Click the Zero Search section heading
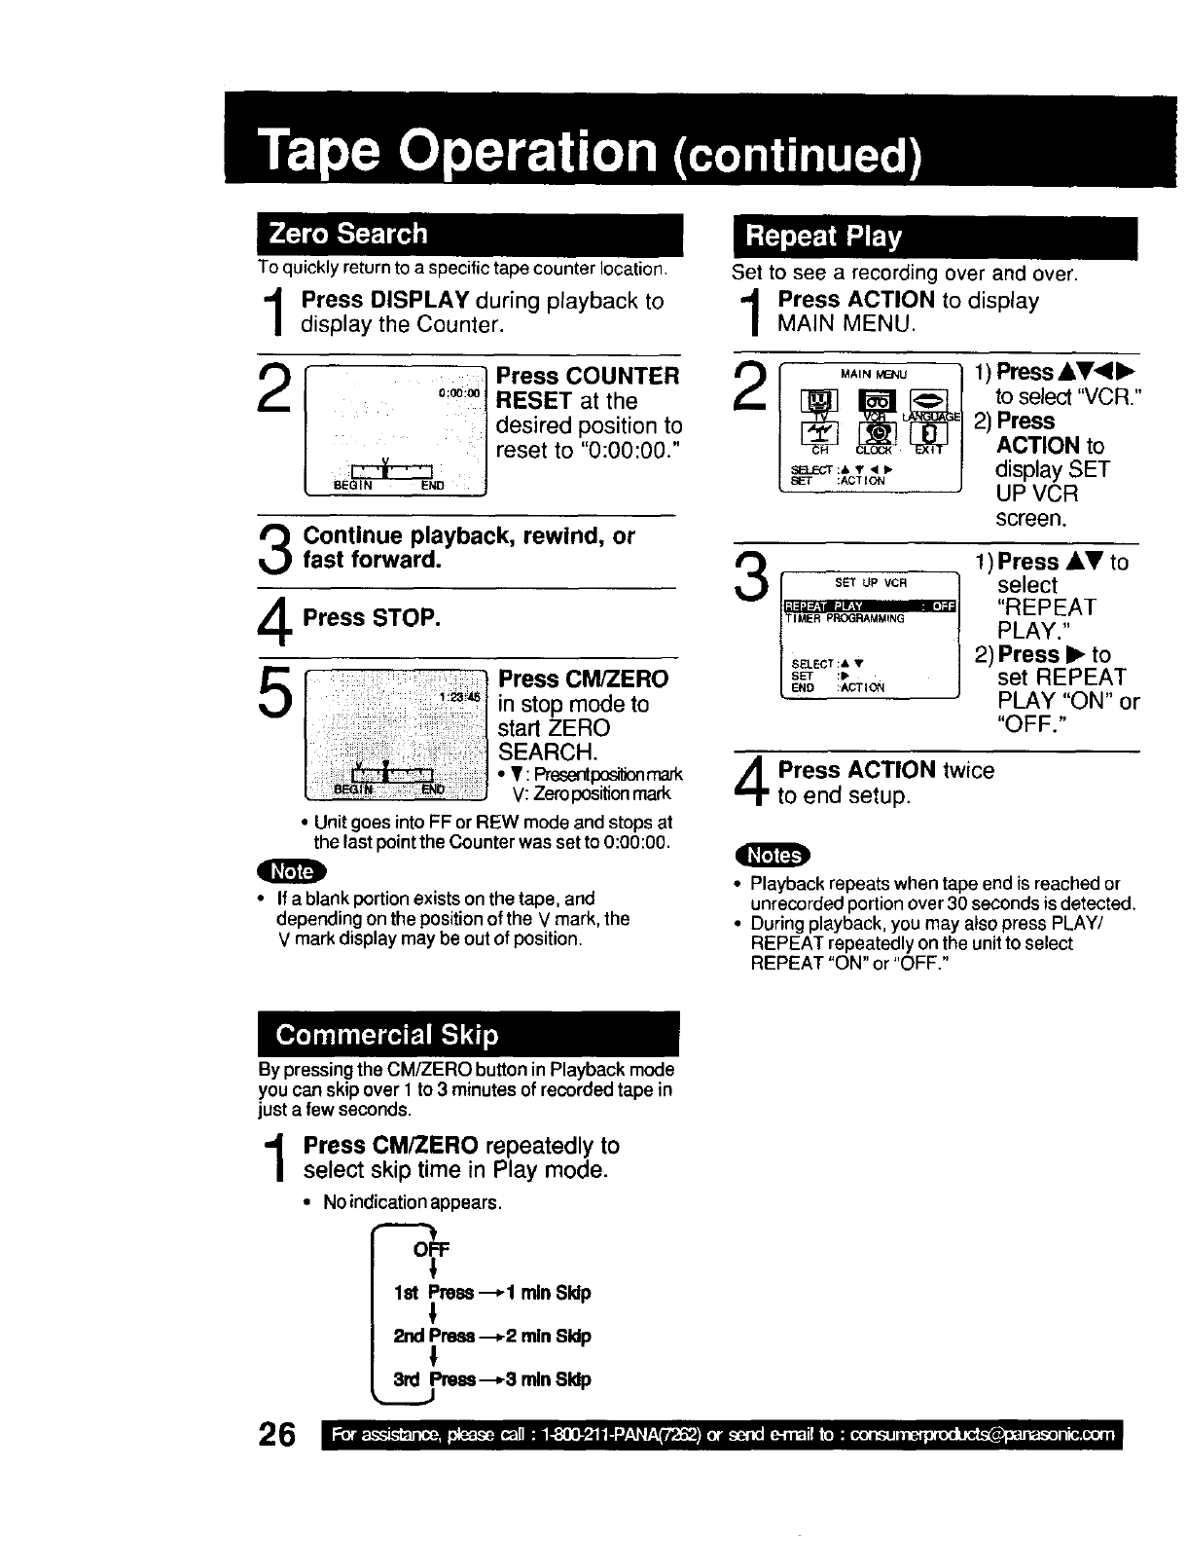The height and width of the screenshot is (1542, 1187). click(348, 234)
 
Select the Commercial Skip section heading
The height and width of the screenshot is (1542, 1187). click(386, 1034)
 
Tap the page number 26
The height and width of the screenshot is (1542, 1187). click(277, 1437)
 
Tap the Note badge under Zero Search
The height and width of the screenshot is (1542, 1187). click(293, 871)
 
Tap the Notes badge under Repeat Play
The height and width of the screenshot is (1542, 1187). click(773, 856)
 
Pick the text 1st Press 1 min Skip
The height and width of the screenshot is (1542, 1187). click(492, 1293)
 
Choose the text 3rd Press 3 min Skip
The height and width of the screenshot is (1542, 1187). click(491, 1379)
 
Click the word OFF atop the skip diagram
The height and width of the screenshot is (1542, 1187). click(425, 1249)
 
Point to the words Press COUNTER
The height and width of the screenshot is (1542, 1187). click(588, 376)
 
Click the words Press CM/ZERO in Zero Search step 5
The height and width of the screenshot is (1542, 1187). click(583, 679)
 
